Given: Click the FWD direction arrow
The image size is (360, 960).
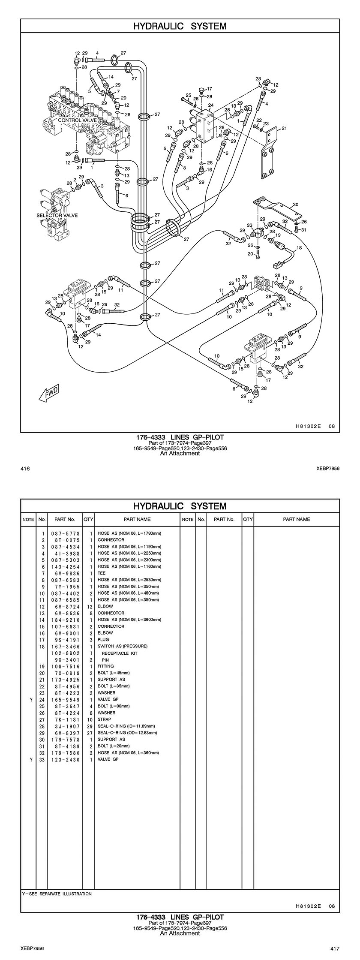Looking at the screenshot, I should (48, 393).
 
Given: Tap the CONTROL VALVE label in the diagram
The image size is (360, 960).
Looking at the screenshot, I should (78, 120).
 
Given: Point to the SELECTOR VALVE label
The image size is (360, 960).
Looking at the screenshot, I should (57, 215).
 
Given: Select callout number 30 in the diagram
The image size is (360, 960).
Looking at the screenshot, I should (295, 205).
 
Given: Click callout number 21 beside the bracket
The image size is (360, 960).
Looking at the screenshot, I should (284, 128).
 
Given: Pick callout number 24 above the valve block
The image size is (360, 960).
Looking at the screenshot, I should (210, 105).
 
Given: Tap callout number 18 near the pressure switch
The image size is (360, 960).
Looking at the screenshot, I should (299, 248).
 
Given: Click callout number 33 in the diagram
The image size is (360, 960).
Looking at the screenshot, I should (249, 225).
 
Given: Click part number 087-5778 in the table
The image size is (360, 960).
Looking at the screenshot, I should (63, 533).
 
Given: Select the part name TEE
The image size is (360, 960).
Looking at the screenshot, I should (102, 573).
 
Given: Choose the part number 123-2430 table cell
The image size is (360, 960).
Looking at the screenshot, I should (63, 759).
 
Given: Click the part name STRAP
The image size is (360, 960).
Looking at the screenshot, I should (104, 719).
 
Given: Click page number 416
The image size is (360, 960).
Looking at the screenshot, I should (25, 469).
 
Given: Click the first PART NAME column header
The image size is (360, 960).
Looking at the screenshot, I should (137, 519).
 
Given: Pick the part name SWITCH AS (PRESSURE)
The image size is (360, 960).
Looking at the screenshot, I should (122, 646).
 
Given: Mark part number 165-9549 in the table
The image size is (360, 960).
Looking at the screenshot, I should (63, 700).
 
